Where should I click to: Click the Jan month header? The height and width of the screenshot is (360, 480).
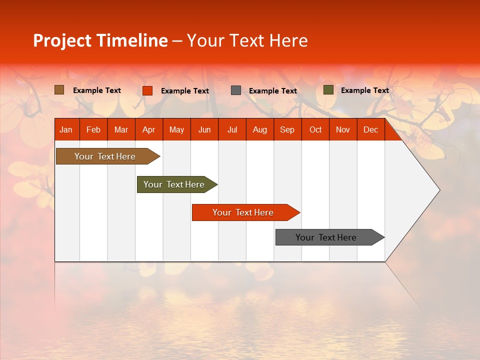[66, 129]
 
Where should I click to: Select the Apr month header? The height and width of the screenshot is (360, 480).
[148, 129]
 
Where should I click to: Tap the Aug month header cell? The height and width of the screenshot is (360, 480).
[259, 129]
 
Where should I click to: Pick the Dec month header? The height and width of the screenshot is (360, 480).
[370, 129]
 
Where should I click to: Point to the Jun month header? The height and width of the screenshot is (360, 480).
[204, 129]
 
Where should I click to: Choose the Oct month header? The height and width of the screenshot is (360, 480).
[315, 129]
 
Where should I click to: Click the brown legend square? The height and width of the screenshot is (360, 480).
[59, 90]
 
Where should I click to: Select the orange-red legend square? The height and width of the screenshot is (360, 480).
[147, 90]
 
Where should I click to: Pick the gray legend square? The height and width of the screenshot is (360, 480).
[236, 90]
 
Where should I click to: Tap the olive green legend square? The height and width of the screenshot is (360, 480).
[328, 90]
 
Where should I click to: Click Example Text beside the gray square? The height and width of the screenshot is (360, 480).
[272, 91]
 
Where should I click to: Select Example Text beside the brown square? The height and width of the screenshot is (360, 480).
[97, 90]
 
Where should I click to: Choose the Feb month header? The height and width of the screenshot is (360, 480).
[93, 129]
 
